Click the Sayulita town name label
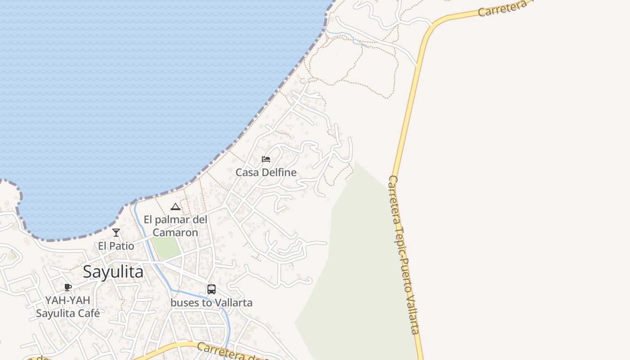coord(113,272)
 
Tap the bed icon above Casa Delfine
coord(266,159)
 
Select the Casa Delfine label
coord(266,172)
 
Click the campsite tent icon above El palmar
coord(175,207)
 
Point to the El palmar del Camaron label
coord(175,226)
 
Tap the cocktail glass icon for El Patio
coord(116,233)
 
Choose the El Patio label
coord(116,246)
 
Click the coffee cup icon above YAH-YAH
coord(68,287)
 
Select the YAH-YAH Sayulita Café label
coord(67,307)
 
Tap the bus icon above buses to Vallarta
coord(211,289)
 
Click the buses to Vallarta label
coord(211,303)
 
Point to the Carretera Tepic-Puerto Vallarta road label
coord(404,254)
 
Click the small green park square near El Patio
coord(166,247)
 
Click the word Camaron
coord(175,233)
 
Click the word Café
coord(89,313)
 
